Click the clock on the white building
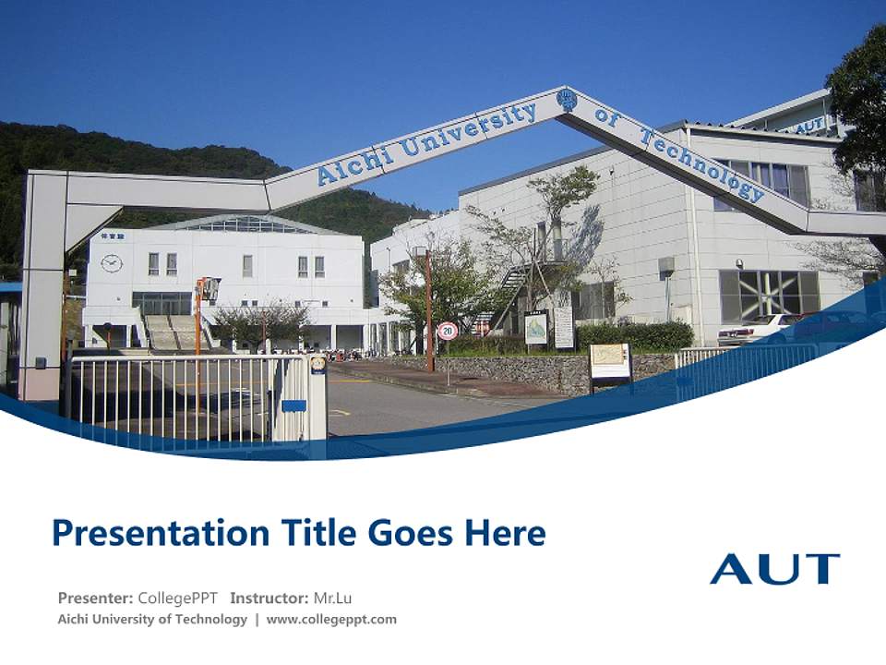click(x=112, y=262)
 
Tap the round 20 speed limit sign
click(x=448, y=331)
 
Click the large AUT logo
click(x=774, y=569)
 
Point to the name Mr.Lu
click(x=332, y=598)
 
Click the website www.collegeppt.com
click(x=331, y=620)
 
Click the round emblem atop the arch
click(x=567, y=99)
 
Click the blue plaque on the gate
click(x=293, y=405)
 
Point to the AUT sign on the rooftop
click(x=809, y=126)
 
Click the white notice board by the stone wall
click(x=610, y=361)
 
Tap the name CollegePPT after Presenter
click(x=178, y=598)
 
